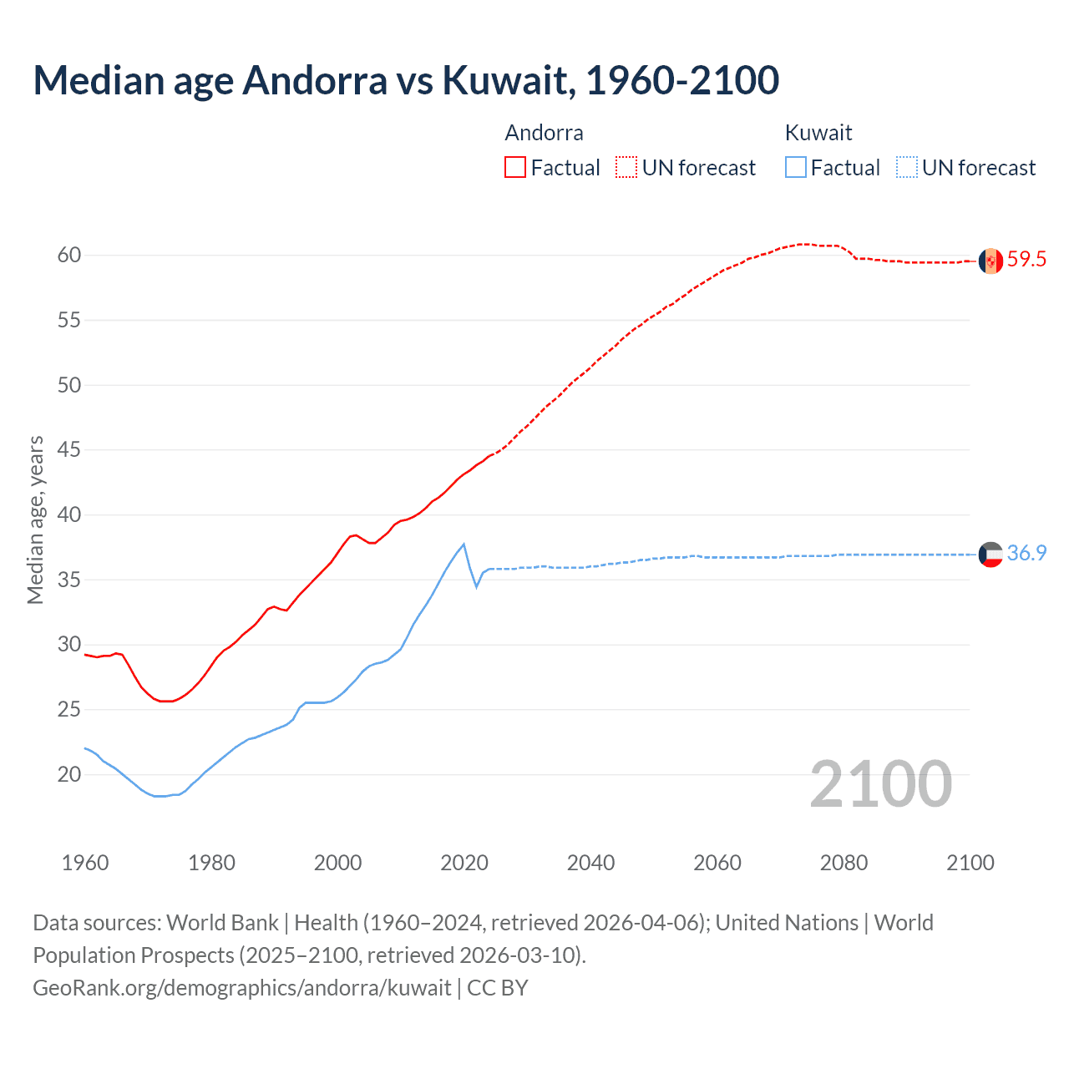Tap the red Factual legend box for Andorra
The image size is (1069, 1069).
tap(515, 167)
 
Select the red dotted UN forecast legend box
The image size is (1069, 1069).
tap(626, 167)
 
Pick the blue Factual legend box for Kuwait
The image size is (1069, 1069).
tap(796, 167)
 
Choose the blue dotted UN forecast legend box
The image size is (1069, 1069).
tap(906, 167)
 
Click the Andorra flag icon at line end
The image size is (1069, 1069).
tap(990, 261)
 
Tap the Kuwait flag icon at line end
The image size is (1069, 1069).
tap(990, 555)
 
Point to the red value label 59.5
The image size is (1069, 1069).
tap(1026, 260)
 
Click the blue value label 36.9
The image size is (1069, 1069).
tap(1026, 554)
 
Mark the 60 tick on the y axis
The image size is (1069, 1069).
tap(69, 256)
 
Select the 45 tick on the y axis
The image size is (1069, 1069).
tap(69, 450)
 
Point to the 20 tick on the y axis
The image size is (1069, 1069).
tap(69, 774)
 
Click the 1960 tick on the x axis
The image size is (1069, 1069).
tap(85, 863)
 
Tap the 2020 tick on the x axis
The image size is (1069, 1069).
tap(464, 863)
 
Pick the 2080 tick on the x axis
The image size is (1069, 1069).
tap(844, 863)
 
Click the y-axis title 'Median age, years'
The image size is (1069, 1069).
tap(35, 519)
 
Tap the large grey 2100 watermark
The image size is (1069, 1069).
tap(880, 783)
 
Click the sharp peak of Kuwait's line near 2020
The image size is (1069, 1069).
tap(464, 545)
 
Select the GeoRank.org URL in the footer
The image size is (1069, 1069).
tap(241, 988)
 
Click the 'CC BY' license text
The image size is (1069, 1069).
tap(498, 988)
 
